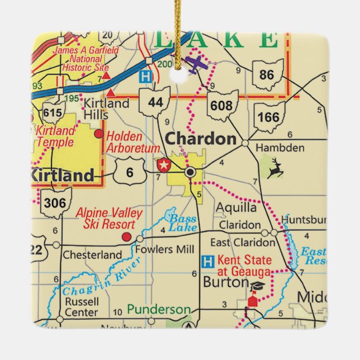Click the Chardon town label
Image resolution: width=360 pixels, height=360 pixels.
pyautogui.click(x=201, y=139)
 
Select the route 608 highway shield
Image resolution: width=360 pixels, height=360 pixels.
pyautogui.click(x=222, y=105)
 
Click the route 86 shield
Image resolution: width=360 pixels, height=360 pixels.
pyautogui.click(x=267, y=74)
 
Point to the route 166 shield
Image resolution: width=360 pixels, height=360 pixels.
pyautogui.click(x=269, y=117)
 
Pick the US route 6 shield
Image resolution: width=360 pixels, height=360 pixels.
pyautogui.click(x=130, y=173)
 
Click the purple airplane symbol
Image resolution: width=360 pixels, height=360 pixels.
pyautogui.click(x=196, y=64)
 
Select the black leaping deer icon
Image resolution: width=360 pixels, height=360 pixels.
pyautogui.click(x=274, y=168)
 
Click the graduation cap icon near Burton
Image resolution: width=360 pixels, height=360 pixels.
pyautogui.click(x=257, y=286)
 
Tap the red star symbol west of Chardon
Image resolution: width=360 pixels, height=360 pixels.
pyautogui.click(x=164, y=165)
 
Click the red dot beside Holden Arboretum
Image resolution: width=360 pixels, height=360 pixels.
pyautogui.click(x=99, y=134)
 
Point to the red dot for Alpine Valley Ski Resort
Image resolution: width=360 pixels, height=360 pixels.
pyautogui.click(x=126, y=237)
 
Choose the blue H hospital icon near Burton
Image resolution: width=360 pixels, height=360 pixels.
pyautogui.click(x=207, y=261)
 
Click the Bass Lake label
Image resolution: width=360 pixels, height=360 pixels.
pyautogui.click(x=183, y=222)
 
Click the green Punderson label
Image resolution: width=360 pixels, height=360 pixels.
pyautogui.click(x=158, y=309)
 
